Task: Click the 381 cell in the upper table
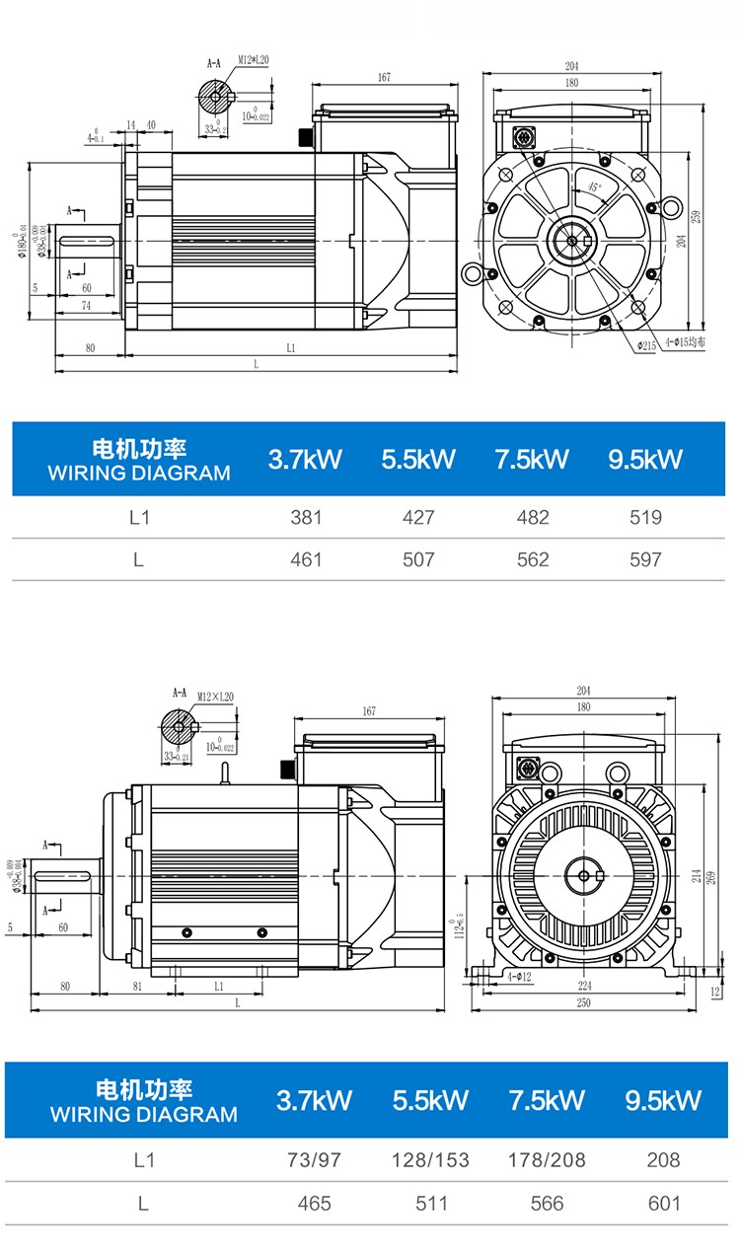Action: (x=306, y=517)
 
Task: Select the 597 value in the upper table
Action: (x=645, y=559)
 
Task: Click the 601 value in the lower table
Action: (x=663, y=1204)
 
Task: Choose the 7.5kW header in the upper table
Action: (x=532, y=459)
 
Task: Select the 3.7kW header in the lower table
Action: (x=314, y=1100)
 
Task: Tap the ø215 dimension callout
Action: (x=646, y=345)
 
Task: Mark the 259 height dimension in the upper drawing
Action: (x=697, y=216)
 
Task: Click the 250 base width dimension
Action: (x=583, y=1003)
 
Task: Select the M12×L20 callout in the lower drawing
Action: (x=214, y=697)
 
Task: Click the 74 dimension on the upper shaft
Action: (x=87, y=308)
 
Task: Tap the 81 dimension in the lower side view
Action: (x=137, y=985)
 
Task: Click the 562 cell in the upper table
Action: (x=532, y=559)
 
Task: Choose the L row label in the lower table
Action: (x=143, y=1204)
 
